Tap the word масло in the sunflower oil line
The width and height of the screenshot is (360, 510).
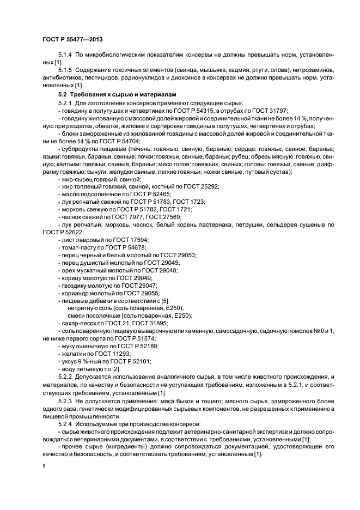point(69,194)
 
